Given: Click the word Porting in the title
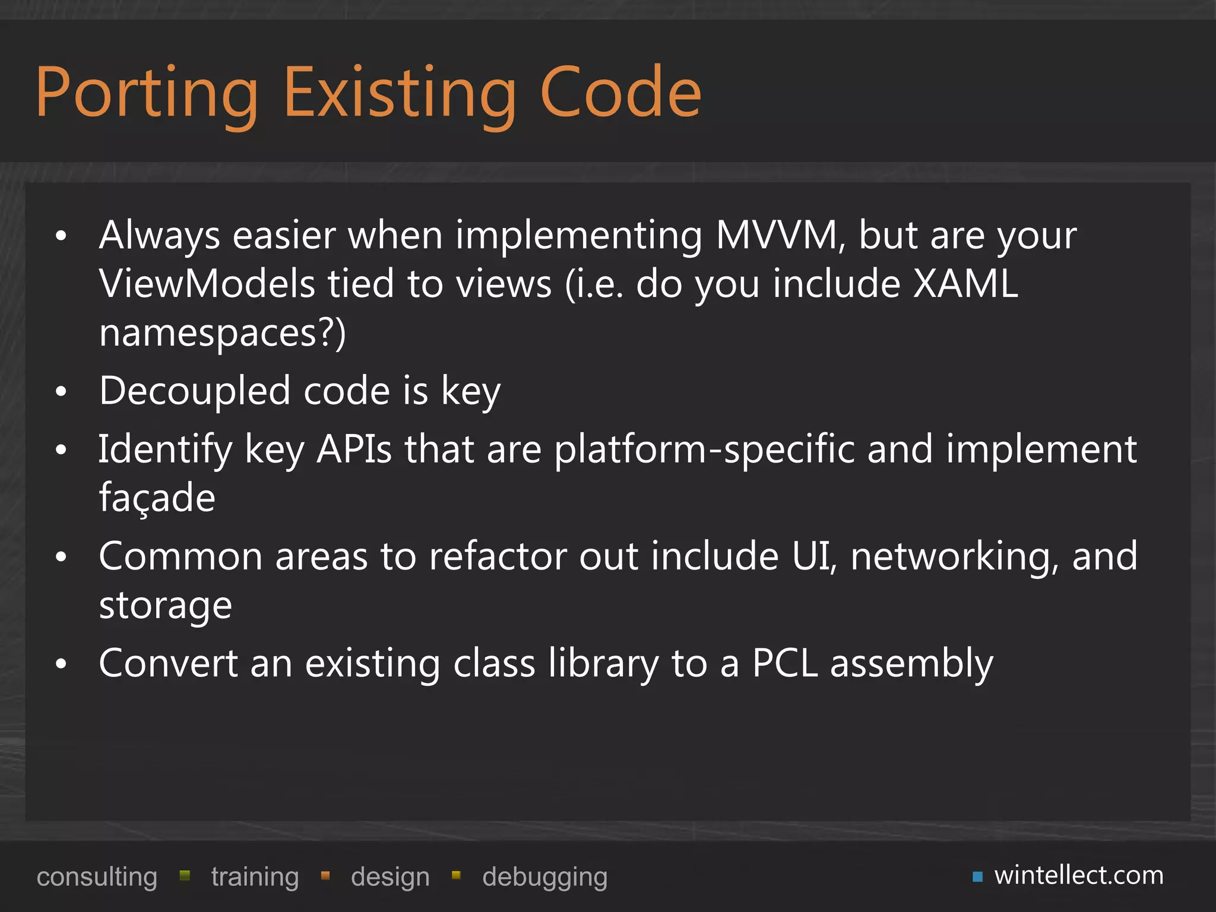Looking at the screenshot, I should pos(147,94).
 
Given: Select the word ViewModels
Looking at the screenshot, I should pos(207,283).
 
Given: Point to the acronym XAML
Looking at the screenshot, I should pos(965,283).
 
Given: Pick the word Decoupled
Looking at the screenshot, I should pos(195,391).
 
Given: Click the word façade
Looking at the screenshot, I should pos(157,498).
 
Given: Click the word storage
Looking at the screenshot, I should pos(165,606).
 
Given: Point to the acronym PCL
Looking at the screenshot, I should pos(785,663).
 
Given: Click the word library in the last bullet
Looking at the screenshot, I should pos(603,663).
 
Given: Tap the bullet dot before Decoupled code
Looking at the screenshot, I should pos(61,392).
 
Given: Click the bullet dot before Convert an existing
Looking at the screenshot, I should pos(61,664).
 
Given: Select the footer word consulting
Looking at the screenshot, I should pos(97,877).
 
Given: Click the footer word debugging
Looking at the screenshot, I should pos(544,877).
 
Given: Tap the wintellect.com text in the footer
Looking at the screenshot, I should pos(1079,875).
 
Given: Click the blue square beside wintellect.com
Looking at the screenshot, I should pos(978,876).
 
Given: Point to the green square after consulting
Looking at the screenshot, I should pos(185,875).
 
